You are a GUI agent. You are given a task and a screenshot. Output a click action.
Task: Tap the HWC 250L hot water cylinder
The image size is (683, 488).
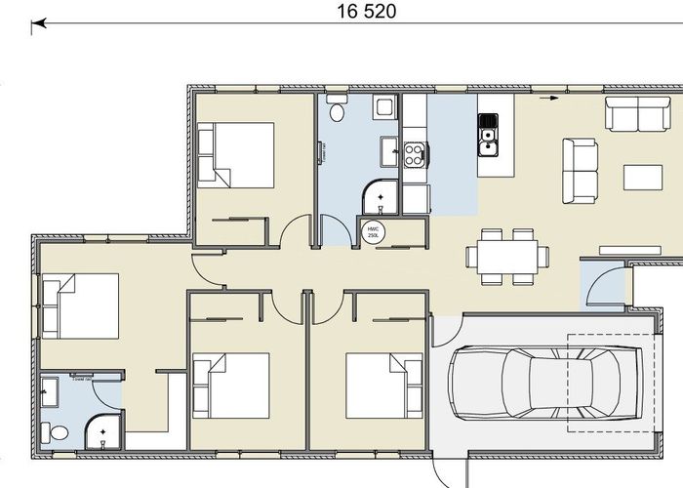pyautogui.click(x=373, y=232)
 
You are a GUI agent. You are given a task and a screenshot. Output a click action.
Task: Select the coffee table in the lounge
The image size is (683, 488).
pyautogui.click(x=643, y=178)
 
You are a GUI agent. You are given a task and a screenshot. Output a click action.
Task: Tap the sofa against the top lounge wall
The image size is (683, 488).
pyautogui.click(x=637, y=114)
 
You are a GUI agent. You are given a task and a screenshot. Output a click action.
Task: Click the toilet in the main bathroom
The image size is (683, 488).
pyautogui.click(x=337, y=111)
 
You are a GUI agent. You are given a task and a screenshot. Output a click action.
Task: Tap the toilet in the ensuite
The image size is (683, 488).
pyautogui.click(x=59, y=431)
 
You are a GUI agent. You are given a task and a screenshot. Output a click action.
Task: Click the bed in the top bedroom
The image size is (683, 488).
pyautogui.click(x=235, y=154)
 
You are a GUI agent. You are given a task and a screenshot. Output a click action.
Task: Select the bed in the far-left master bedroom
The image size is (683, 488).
pyautogui.click(x=80, y=305)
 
